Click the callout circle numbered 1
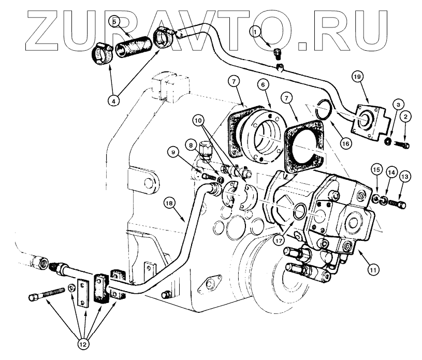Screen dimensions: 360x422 click(x=254, y=32)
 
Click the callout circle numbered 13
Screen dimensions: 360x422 click(x=404, y=177)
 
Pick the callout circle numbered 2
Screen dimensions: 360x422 click(x=405, y=118)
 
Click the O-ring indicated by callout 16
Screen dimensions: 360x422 click(x=324, y=110)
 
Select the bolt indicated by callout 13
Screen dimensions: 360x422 click(x=397, y=199)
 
